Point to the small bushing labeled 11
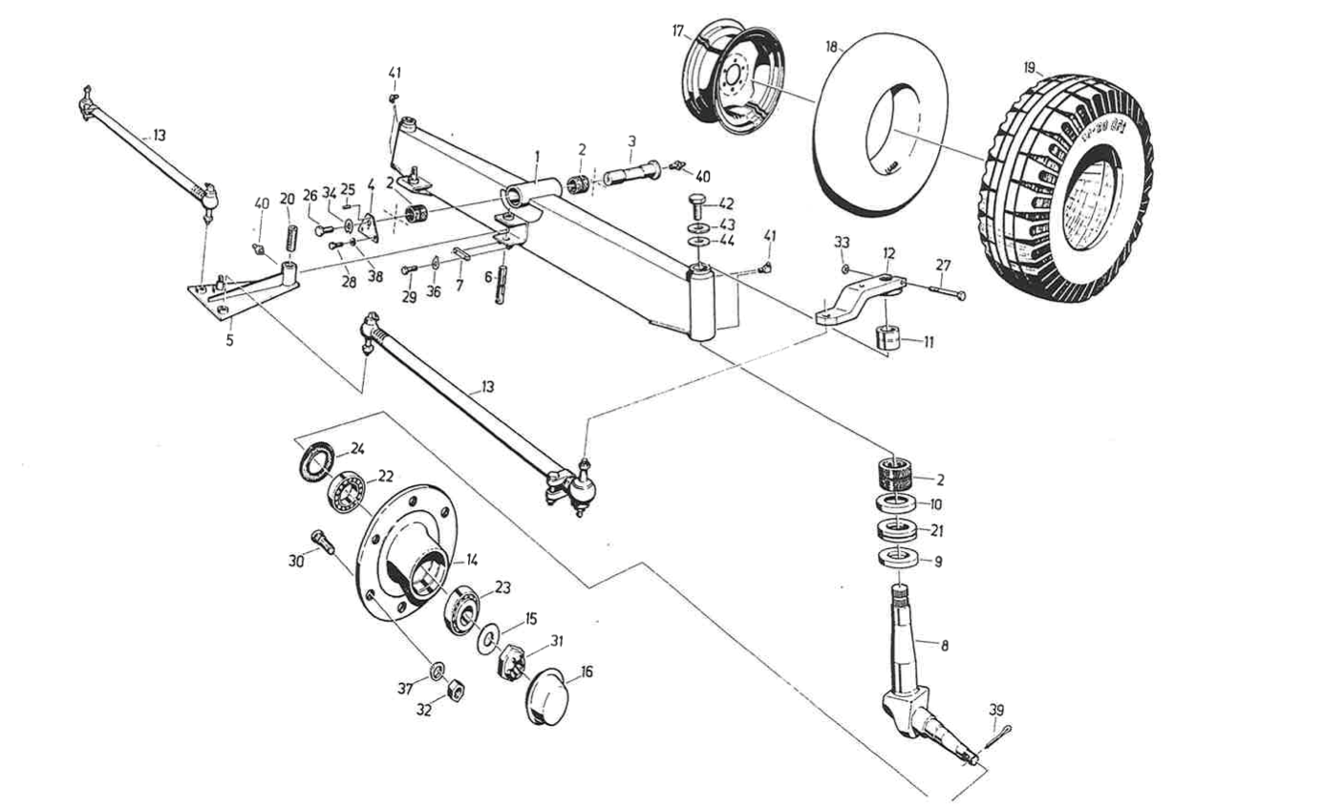(x=889, y=338)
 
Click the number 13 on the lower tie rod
(x=488, y=387)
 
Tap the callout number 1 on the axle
(x=537, y=155)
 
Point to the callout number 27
(x=944, y=266)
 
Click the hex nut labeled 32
(x=458, y=688)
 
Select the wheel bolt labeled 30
(x=322, y=543)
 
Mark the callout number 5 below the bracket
(x=229, y=339)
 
